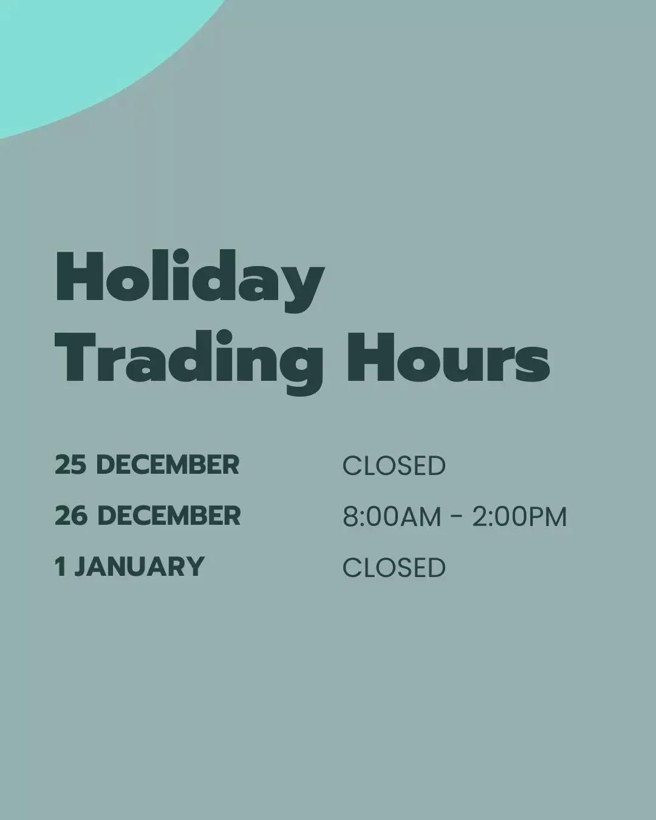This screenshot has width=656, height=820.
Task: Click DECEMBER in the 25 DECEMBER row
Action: (168, 465)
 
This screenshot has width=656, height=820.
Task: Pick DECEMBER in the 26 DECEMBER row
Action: (169, 516)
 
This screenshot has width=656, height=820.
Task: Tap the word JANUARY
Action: (139, 567)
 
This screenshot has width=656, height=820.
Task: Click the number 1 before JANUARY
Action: (59, 567)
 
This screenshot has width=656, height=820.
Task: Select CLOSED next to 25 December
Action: (394, 466)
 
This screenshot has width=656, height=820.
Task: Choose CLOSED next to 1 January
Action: (394, 568)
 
